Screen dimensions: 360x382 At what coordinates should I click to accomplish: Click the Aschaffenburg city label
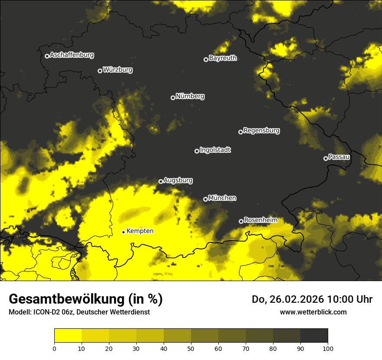[x=72, y=55]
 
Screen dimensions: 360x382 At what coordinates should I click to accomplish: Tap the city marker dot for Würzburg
[x=100, y=71]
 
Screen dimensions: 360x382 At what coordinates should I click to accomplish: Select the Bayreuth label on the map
[x=223, y=58]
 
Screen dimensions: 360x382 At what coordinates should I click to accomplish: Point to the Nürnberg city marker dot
[x=173, y=98]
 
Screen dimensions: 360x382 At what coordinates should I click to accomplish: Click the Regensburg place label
[x=261, y=131]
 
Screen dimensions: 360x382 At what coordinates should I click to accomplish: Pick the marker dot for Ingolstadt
[x=197, y=151]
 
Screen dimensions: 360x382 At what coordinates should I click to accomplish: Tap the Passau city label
[x=339, y=157]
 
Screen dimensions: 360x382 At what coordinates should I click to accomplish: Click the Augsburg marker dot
[x=161, y=181]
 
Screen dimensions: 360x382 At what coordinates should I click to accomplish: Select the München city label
[x=222, y=198]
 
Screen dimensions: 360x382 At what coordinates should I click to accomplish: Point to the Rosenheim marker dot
[x=241, y=221]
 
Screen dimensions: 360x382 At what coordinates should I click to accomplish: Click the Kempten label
[x=140, y=231]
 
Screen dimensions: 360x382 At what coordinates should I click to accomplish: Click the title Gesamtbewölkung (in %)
[x=86, y=299]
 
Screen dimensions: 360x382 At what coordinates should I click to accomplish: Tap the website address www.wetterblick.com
[x=313, y=312]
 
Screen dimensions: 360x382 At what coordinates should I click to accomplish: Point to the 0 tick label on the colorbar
[x=54, y=348]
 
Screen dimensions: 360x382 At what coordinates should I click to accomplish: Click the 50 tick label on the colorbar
[x=191, y=348]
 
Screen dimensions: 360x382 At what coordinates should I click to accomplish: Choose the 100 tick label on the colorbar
[x=328, y=348]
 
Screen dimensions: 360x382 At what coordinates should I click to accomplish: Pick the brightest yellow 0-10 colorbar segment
[x=68, y=335]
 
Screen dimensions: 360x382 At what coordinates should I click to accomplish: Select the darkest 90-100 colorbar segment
[x=314, y=335]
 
